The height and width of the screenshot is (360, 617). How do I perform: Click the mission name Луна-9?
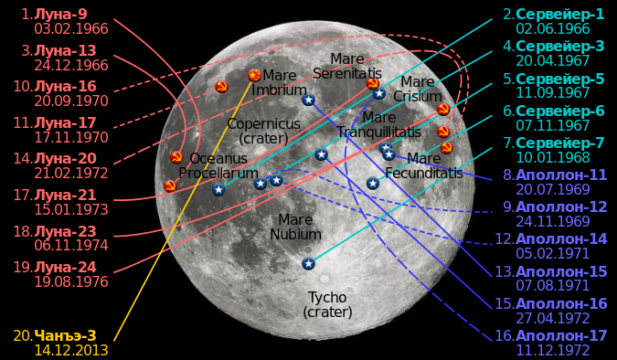click(x=60, y=15)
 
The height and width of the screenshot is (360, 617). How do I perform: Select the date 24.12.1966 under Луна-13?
click(x=71, y=65)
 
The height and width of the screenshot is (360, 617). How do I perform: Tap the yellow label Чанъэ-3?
click(x=65, y=335)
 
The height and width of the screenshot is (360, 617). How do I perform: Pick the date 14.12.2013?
click(x=71, y=350)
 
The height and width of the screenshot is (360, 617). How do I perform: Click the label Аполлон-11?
click(x=561, y=175)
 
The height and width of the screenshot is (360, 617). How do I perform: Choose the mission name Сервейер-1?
click(x=560, y=15)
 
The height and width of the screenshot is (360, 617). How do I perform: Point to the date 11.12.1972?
click(x=553, y=350)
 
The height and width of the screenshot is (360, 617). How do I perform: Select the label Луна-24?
click(x=65, y=268)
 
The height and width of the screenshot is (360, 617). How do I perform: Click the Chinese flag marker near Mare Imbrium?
click(x=255, y=75)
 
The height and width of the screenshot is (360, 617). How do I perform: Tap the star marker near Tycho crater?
click(x=309, y=263)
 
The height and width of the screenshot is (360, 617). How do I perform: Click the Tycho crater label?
click(x=327, y=304)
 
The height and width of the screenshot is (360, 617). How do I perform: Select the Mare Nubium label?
click(x=295, y=227)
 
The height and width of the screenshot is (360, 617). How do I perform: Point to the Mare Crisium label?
click(x=418, y=89)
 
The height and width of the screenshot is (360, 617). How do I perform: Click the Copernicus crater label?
click(x=263, y=131)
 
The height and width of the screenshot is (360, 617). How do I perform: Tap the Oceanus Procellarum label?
click(x=218, y=165)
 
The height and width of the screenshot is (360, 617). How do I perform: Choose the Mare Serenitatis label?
click(x=347, y=66)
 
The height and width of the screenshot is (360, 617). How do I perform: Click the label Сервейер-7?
click(x=560, y=143)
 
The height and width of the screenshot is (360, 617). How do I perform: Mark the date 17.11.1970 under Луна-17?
click(x=71, y=137)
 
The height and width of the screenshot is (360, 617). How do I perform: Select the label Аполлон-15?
click(x=561, y=271)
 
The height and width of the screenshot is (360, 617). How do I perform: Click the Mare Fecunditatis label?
click(x=424, y=165)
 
